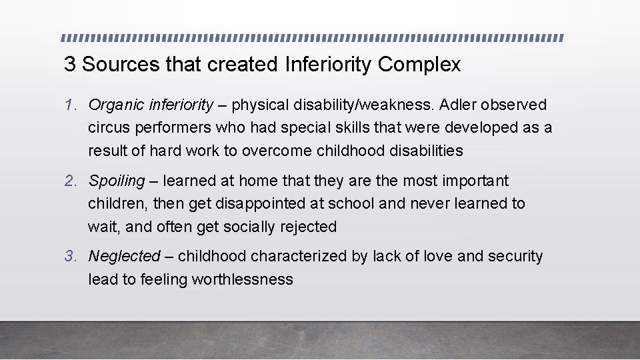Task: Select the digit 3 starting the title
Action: pyautogui.click(x=69, y=65)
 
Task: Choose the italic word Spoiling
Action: pyautogui.click(x=117, y=181)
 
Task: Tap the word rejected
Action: pyautogui.click(x=309, y=227)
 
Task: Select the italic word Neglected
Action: pyautogui.click(x=125, y=256)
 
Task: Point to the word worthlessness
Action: pyautogui.click(x=242, y=279)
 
